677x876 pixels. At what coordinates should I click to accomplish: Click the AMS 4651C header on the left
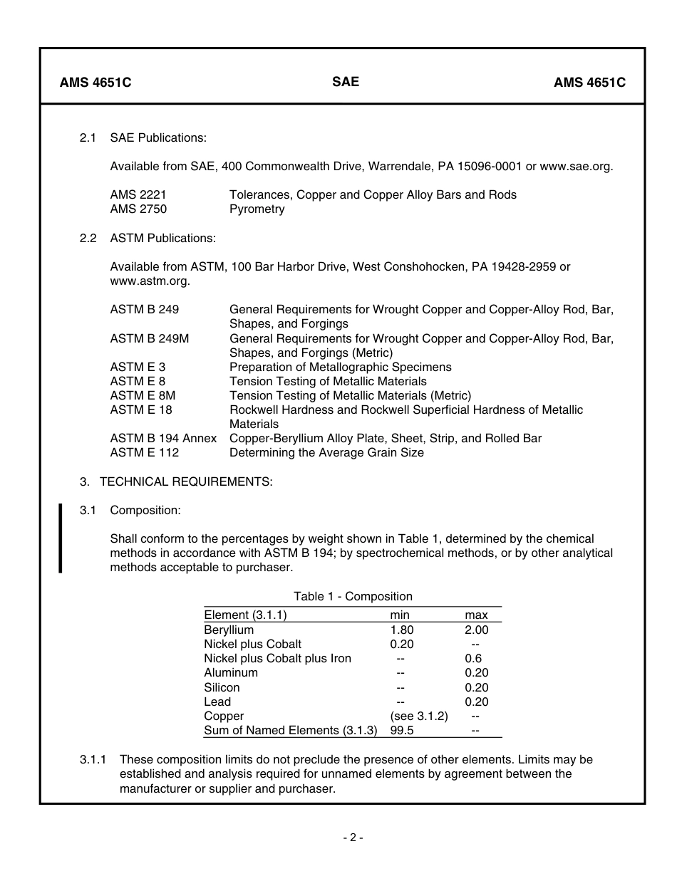95,82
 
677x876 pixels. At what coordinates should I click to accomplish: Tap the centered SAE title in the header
346,81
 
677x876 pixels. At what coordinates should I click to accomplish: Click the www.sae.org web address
576,166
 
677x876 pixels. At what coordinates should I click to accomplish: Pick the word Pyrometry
257,209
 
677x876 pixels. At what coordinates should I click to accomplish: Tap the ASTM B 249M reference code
150,338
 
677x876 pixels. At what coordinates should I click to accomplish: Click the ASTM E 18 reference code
141,410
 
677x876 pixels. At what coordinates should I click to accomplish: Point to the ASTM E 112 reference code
145,452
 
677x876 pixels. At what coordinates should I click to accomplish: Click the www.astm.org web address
150,281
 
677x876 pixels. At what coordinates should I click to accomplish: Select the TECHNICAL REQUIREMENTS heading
185,481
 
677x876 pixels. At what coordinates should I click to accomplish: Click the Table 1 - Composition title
353,596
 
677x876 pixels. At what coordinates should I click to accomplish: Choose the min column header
399,615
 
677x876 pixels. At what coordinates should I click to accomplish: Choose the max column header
476,615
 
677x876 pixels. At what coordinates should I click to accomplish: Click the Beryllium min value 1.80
401,630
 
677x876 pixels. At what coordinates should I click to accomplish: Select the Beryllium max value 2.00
476,630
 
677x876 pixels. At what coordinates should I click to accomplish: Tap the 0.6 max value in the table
473,658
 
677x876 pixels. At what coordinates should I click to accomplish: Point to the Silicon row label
222,687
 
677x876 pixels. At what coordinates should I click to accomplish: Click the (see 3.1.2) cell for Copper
419,716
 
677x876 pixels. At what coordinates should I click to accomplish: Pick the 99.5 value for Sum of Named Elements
402,730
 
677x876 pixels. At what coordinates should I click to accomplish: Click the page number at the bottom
353,838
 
